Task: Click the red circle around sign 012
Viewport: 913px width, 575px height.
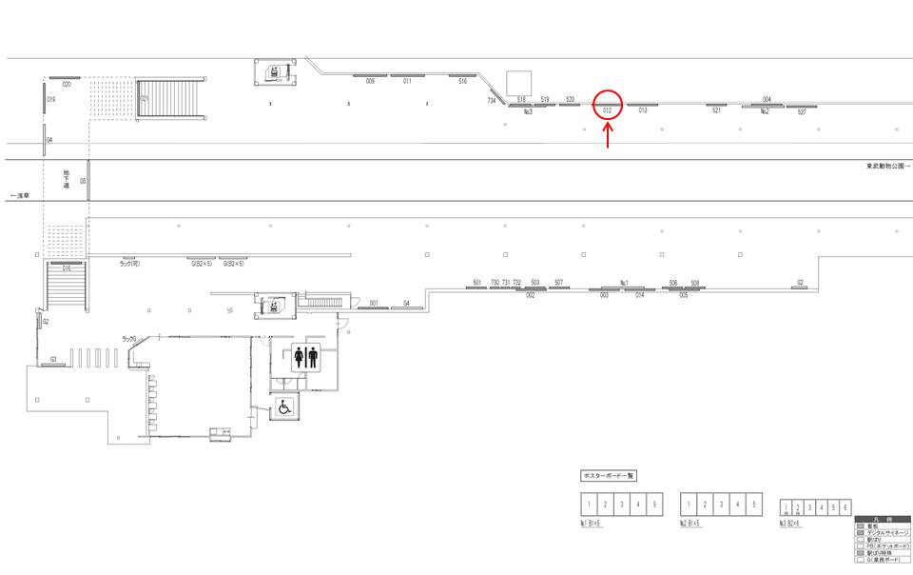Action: coord(608,104)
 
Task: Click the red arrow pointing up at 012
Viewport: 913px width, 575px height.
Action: coord(608,135)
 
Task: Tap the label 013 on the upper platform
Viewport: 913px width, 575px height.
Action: coord(643,111)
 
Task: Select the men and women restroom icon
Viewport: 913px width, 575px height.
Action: coord(306,357)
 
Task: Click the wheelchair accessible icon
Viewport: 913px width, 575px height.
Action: coord(283,407)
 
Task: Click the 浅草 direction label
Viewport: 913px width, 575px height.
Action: coord(19,195)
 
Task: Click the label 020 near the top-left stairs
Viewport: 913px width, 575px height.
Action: coord(67,85)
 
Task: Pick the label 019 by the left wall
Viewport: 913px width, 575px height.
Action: coord(51,99)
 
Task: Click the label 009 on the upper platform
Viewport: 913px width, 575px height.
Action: coord(370,82)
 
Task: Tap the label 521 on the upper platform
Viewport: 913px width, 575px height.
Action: coord(716,111)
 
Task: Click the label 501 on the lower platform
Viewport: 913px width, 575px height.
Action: coord(476,283)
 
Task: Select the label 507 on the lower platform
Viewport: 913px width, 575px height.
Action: coord(558,283)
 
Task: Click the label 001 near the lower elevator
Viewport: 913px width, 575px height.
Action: coord(374,303)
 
